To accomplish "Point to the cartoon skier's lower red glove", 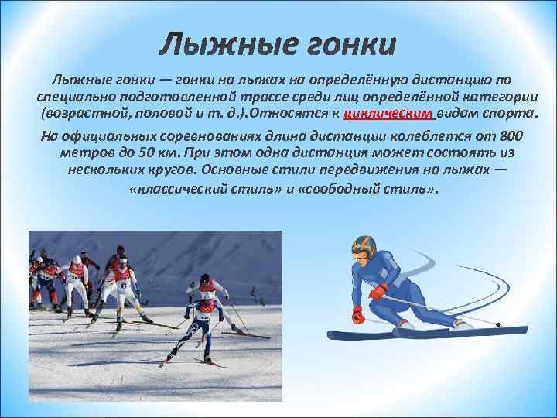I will (357, 315).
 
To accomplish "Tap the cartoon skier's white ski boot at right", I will (463, 322).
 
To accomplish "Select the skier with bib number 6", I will (123, 286).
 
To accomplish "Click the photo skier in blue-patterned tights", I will (201, 317).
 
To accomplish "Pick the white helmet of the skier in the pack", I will (77, 260).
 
